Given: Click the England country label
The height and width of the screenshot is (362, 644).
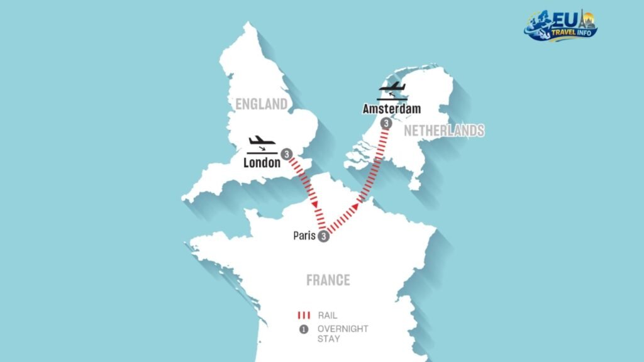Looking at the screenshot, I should pyautogui.click(x=261, y=104).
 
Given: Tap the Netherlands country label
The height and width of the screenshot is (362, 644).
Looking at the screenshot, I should pyautogui.click(x=444, y=131).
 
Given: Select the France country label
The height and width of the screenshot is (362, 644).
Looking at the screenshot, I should pyautogui.click(x=328, y=280).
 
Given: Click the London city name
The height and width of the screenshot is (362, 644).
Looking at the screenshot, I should pyautogui.click(x=262, y=163).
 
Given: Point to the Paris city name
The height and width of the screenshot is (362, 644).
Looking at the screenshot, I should pyautogui.click(x=304, y=236).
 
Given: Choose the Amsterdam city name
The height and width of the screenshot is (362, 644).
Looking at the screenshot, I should pyautogui.click(x=391, y=109).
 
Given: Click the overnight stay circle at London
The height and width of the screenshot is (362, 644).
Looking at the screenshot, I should pyautogui.click(x=286, y=153).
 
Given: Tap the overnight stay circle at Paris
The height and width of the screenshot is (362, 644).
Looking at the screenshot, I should pyautogui.click(x=323, y=236).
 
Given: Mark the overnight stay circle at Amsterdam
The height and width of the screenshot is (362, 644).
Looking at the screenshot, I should pyautogui.click(x=386, y=124).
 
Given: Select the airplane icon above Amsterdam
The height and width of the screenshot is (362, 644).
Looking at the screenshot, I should pyautogui.click(x=391, y=88).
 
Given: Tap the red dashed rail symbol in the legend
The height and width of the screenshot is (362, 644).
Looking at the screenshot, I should pyautogui.click(x=304, y=315).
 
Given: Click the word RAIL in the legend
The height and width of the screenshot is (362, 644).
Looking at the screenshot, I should pyautogui.click(x=328, y=315).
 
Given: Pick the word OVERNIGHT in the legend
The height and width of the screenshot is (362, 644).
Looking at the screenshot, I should pyautogui.click(x=343, y=329).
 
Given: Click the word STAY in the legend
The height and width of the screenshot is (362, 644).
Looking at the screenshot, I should pyautogui.click(x=330, y=339).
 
